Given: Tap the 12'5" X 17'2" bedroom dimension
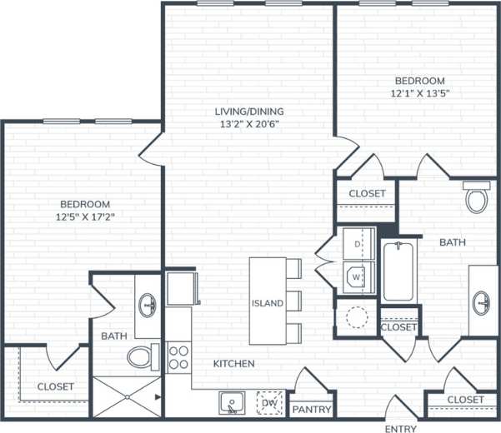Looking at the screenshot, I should [x=85, y=218].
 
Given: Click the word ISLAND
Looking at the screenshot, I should [x=268, y=302].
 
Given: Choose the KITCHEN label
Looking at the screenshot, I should [x=233, y=364].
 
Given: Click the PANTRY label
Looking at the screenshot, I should [x=312, y=410].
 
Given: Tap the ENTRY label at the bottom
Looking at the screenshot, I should [x=401, y=429].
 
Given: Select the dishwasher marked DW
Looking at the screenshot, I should [x=268, y=404].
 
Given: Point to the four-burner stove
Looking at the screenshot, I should [x=178, y=357].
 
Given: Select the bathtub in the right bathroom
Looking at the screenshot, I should [x=402, y=271].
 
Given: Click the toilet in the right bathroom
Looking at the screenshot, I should [x=478, y=197].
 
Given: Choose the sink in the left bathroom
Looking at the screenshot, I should [x=148, y=306].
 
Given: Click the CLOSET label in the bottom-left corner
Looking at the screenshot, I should [x=55, y=386].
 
